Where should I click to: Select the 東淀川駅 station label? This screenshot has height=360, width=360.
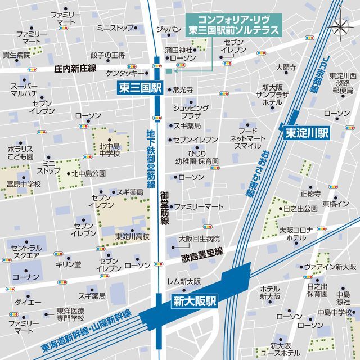pos(307,133)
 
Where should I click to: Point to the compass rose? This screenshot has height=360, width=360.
pos(341,27)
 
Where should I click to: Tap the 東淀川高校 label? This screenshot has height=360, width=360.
pos(132,237)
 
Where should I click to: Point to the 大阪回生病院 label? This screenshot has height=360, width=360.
pos(199,238)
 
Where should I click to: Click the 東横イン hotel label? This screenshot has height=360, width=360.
pos(336,203)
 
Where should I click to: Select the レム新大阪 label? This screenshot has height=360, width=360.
pos(184,281)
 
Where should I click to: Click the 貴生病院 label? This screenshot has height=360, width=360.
pos(16,55)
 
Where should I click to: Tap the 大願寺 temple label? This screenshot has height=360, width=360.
pos(285,67)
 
